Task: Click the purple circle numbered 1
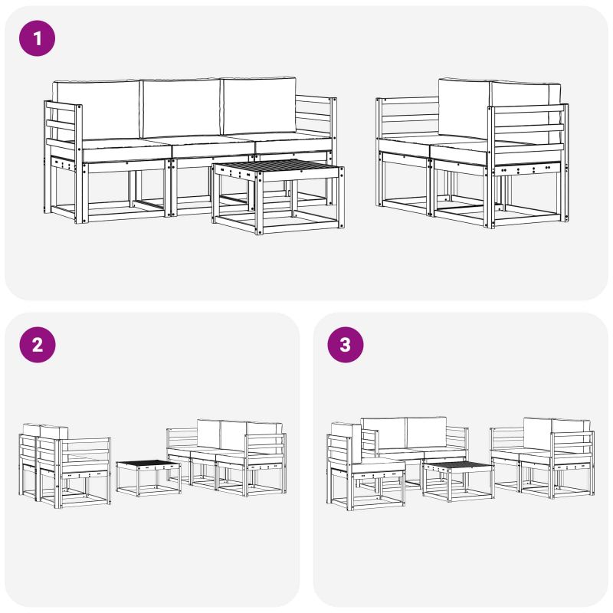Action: [37, 38]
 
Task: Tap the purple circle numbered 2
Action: [37, 345]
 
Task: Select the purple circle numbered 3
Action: [346, 345]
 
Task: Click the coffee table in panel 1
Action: [278, 196]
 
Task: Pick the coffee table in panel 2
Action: [149, 477]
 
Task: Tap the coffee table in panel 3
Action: [457, 481]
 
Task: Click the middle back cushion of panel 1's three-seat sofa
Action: [181, 107]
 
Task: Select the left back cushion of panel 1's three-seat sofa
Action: [97, 110]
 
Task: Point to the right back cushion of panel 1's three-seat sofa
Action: [259, 106]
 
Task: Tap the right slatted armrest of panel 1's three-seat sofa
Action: [316, 117]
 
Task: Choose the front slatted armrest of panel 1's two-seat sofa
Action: [527, 135]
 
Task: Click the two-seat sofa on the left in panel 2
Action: [65, 465]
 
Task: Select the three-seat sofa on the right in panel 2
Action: [226, 457]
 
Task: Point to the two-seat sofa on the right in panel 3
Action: [543, 457]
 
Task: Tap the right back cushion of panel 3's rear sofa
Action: [427, 432]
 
